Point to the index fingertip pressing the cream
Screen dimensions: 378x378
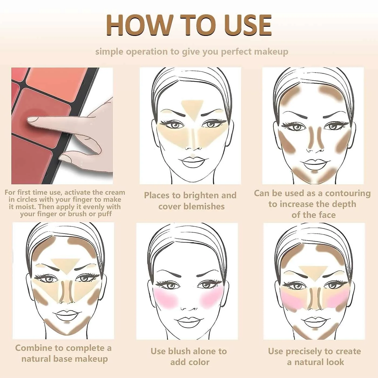pyautogui.click(x=31, y=120)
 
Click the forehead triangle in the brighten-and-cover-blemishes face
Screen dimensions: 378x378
pyautogui.click(x=192, y=110)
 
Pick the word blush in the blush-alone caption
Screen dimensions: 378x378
pyautogui.click(x=179, y=351)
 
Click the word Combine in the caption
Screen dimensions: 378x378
pyautogui.click(x=33, y=348)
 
